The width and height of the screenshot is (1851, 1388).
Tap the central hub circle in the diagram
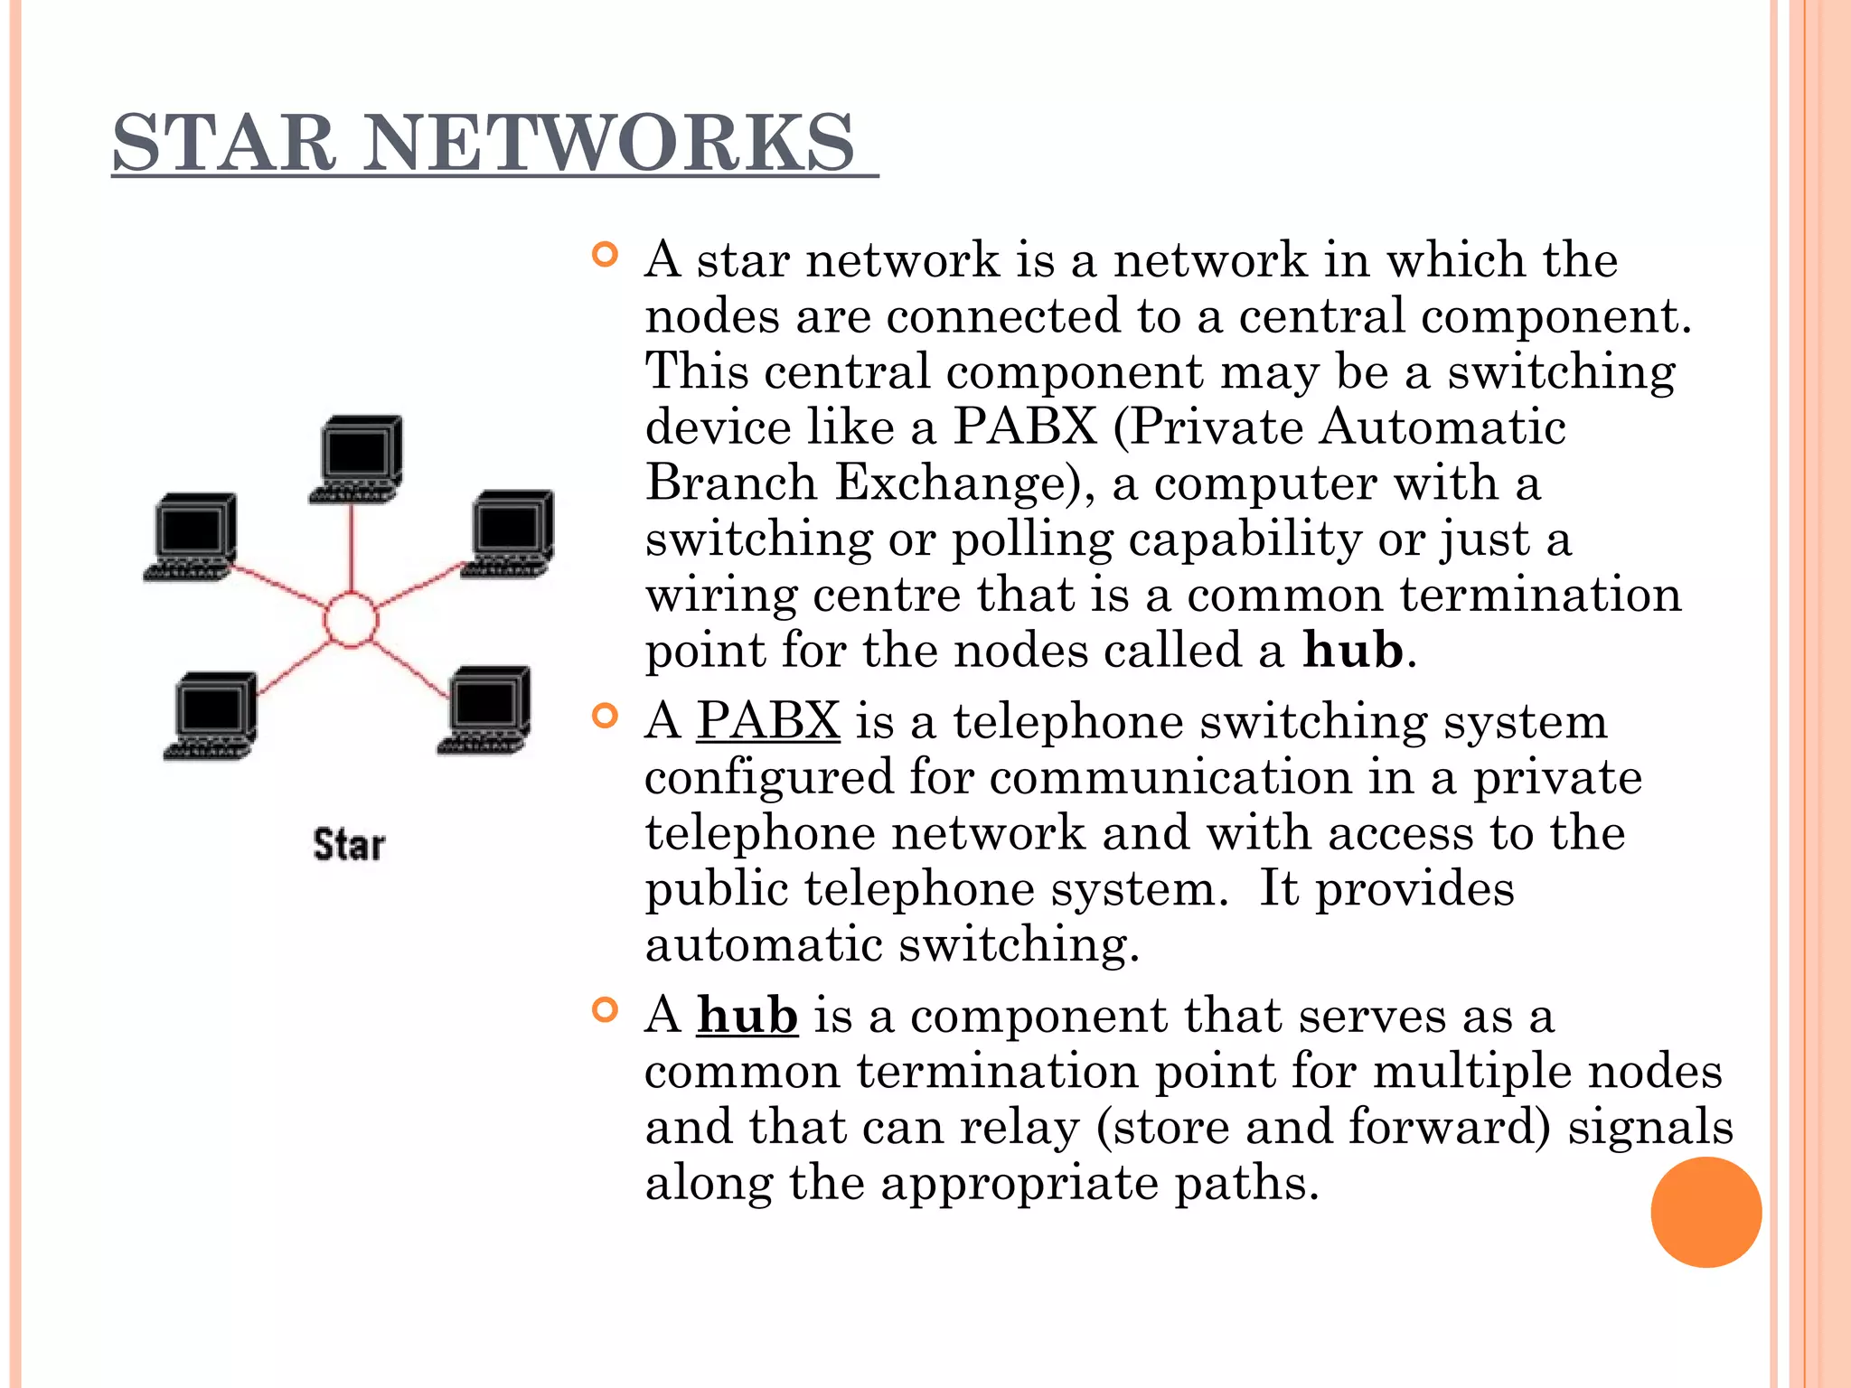(351, 620)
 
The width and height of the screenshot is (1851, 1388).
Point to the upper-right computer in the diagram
(510, 532)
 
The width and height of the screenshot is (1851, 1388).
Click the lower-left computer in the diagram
(213, 715)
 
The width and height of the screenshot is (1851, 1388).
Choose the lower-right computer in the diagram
(487, 709)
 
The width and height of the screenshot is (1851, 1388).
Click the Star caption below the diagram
(349, 846)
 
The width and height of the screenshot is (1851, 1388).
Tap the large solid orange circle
(1705, 1212)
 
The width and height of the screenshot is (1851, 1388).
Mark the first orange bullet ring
(605, 256)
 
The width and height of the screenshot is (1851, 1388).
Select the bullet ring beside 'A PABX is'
(605, 717)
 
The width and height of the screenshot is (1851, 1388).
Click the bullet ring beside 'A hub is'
(605, 1010)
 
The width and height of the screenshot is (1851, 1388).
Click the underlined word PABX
(768, 721)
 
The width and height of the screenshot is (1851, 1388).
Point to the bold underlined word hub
(747, 1016)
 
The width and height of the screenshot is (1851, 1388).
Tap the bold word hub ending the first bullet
(1353, 651)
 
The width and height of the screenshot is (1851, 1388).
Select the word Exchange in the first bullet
(957, 483)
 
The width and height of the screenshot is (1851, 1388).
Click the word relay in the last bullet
(1019, 1128)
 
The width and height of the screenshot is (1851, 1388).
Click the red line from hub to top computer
(351, 547)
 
